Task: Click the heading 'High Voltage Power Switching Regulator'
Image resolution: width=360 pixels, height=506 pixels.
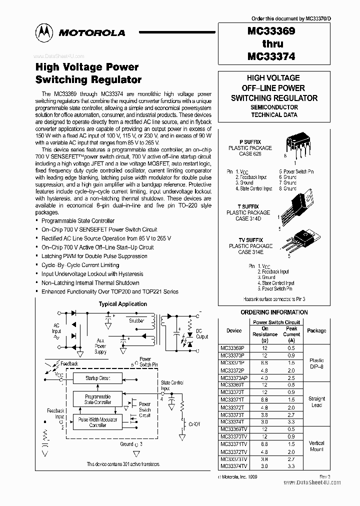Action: click(x=88, y=73)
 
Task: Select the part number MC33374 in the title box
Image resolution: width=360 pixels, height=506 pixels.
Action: click(x=271, y=56)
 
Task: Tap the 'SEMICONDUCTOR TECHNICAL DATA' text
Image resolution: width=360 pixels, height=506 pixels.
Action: click(x=274, y=111)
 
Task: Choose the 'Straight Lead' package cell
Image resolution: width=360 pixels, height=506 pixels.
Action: click(x=316, y=402)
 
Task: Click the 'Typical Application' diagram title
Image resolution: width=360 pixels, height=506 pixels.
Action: click(x=122, y=303)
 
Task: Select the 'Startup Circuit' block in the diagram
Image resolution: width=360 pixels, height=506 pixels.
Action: click(x=98, y=378)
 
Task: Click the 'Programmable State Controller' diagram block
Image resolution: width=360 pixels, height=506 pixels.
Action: click(x=97, y=399)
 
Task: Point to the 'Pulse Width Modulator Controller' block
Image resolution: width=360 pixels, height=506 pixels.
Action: click(x=97, y=422)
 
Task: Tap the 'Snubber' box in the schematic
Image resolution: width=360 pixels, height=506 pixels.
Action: click(x=136, y=320)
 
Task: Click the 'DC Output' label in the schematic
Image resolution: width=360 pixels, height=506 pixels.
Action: click(x=202, y=334)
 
